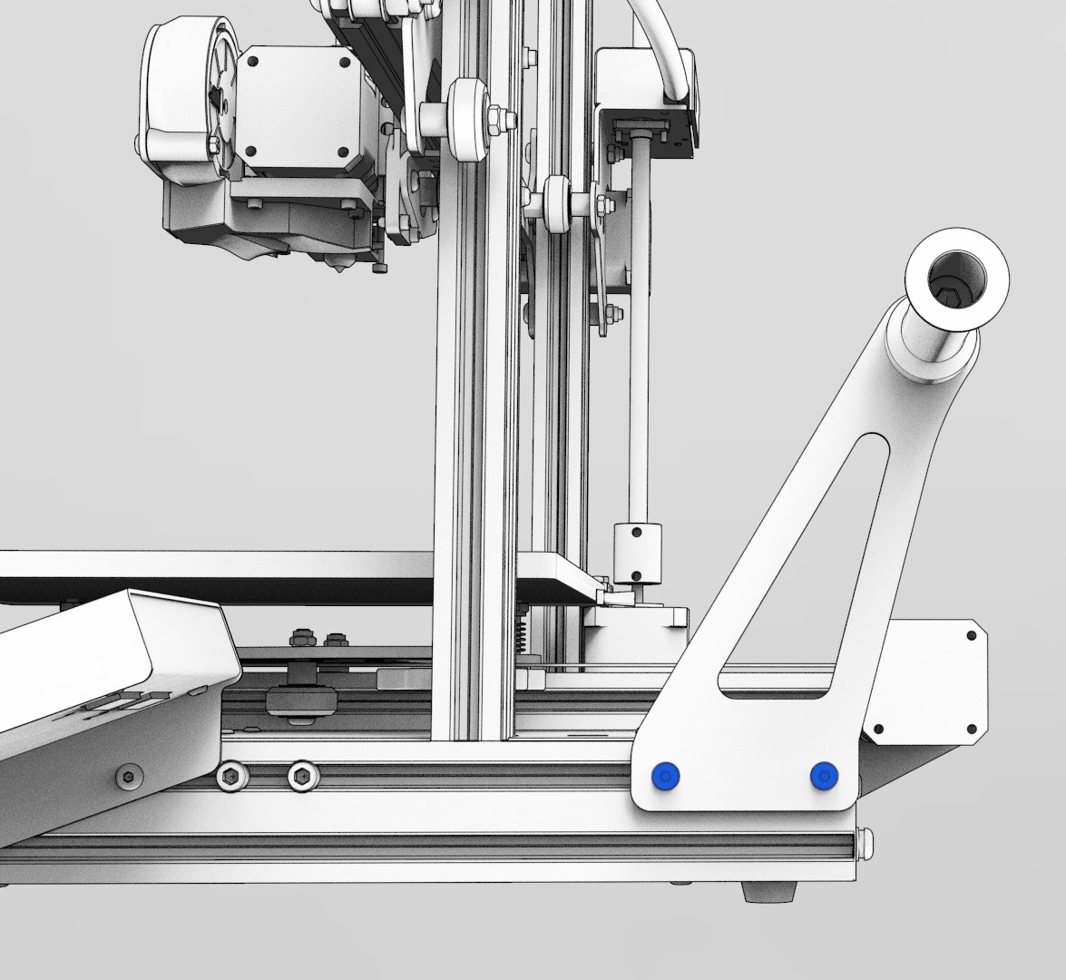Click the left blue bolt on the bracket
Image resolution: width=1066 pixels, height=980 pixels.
(666, 777)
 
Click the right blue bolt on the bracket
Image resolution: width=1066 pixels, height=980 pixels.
(824, 777)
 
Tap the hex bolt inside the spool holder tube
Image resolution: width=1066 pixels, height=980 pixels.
(950, 295)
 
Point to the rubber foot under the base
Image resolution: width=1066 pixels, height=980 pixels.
(768, 893)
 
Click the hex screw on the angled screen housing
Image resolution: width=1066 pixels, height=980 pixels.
(130, 776)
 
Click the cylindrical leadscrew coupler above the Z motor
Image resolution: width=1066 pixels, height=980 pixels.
(639, 552)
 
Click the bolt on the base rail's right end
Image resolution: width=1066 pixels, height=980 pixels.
(868, 844)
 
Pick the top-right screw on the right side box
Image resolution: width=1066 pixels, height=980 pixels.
(971, 635)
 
